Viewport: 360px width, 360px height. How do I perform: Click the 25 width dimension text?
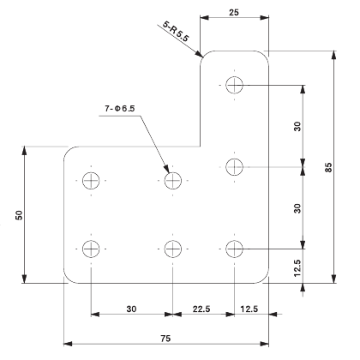tap(233, 14)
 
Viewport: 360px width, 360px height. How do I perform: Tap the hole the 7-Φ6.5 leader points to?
tap(174, 180)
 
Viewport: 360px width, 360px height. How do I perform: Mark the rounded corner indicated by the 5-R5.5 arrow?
tap(206, 57)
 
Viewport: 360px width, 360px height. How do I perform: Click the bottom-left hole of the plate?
tap(92, 249)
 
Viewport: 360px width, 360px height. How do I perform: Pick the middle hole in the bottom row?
tap(174, 249)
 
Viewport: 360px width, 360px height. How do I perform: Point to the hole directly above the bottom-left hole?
tap(92, 180)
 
